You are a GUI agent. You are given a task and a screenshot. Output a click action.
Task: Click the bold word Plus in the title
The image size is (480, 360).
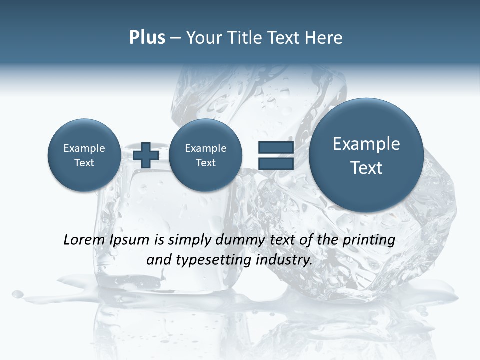tap(147, 38)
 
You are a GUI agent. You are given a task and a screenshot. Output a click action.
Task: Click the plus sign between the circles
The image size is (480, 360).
tap(146, 155)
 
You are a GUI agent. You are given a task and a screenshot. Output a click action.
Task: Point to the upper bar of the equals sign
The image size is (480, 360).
tap(276, 147)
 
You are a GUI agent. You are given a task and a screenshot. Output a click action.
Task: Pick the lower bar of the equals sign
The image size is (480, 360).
tap(276, 163)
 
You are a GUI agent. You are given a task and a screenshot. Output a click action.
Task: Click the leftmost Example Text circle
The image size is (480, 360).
tap(84, 155)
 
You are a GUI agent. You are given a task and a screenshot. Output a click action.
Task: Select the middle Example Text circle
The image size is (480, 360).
tap(205, 155)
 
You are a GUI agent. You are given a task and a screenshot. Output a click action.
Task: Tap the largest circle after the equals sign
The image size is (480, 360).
tap(366, 155)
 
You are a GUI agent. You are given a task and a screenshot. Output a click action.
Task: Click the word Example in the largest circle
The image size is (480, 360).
tap(366, 144)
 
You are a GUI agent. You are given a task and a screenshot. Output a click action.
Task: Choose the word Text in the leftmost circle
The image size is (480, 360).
tap(84, 163)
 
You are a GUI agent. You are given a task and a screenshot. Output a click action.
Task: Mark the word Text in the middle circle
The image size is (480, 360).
tap(205, 163)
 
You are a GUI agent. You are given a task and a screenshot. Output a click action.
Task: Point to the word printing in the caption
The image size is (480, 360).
tap(369, 240)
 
